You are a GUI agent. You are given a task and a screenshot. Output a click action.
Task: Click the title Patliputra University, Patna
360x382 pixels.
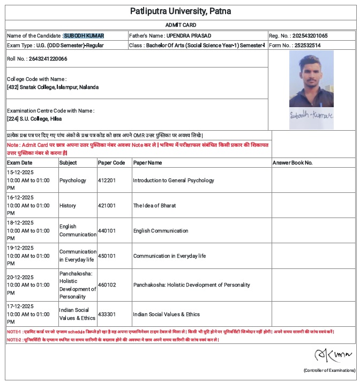click(181, 11)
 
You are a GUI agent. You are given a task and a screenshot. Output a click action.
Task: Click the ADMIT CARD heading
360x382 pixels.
click(181, 25)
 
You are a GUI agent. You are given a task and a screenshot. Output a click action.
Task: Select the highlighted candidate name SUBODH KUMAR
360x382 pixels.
click(84, 36)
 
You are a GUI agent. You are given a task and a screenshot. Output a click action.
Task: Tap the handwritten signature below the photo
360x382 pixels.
click(311, 115)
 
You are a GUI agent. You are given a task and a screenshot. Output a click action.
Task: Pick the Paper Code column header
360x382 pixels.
click(111, 162)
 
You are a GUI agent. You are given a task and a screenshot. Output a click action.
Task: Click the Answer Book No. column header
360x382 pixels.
click(292, 162)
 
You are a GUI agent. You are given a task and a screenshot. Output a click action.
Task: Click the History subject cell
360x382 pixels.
click(67, 206)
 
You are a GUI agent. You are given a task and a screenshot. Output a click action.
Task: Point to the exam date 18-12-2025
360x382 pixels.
click(20, 223)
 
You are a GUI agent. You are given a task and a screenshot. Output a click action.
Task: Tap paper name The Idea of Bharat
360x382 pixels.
click(154, 206)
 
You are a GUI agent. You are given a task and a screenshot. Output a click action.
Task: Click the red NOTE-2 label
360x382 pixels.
click(14, 340)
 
